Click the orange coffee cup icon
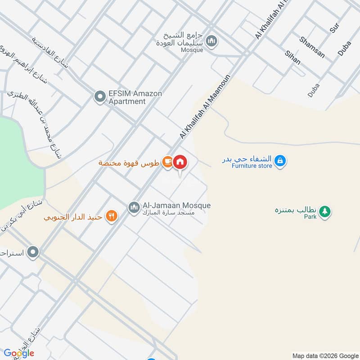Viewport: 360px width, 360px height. [167, 162]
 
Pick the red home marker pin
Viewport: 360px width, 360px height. [180, 162]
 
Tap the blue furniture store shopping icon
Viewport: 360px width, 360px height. [280, 160]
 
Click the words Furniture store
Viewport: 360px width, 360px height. [252, 166]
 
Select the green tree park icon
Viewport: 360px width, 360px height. [325, 211]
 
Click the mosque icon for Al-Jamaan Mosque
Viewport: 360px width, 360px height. [134, 207]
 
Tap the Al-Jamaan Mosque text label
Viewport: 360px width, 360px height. [176, 206]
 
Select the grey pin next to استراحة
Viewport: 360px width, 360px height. [32, 252]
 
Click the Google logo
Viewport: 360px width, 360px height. [19, 353]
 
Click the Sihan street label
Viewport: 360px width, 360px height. [292, 58]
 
